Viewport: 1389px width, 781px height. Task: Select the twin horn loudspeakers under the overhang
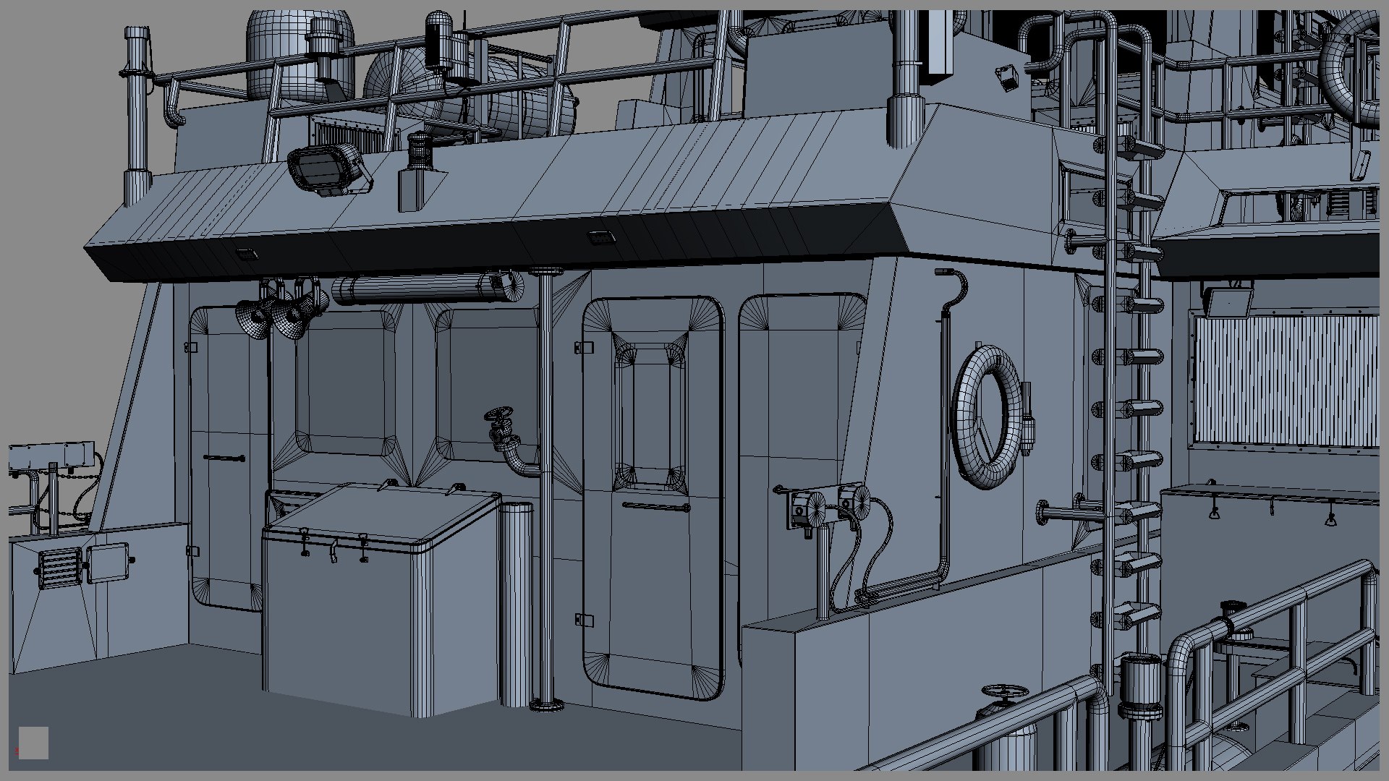click(279, 315)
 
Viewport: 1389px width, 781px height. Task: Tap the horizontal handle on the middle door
click(655, 507)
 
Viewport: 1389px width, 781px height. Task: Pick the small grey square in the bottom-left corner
click(33, 743)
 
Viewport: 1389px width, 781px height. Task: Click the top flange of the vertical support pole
click(546, 272)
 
